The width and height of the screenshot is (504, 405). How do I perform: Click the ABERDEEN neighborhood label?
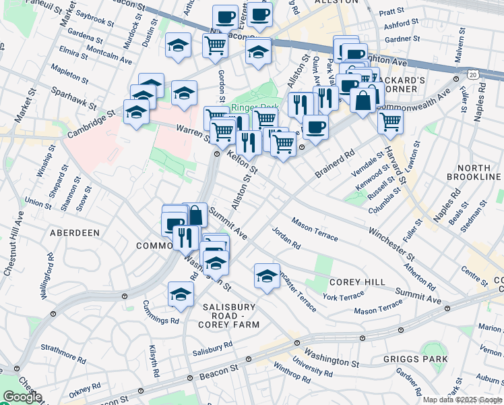point(74,232)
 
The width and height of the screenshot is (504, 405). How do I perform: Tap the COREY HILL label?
point(357,281)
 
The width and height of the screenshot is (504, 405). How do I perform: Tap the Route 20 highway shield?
point(474,73)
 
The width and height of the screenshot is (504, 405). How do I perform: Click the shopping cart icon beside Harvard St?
point(390,122)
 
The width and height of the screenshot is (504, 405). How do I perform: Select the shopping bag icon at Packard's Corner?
point(363,100)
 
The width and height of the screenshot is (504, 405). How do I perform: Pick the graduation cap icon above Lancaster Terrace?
point(267,276)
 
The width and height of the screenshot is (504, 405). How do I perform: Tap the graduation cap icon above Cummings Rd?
point(181,294)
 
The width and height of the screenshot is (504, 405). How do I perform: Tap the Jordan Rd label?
point(286,238)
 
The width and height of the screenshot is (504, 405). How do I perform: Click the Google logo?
point(22,397)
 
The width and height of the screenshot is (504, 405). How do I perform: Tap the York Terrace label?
point(343,297)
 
